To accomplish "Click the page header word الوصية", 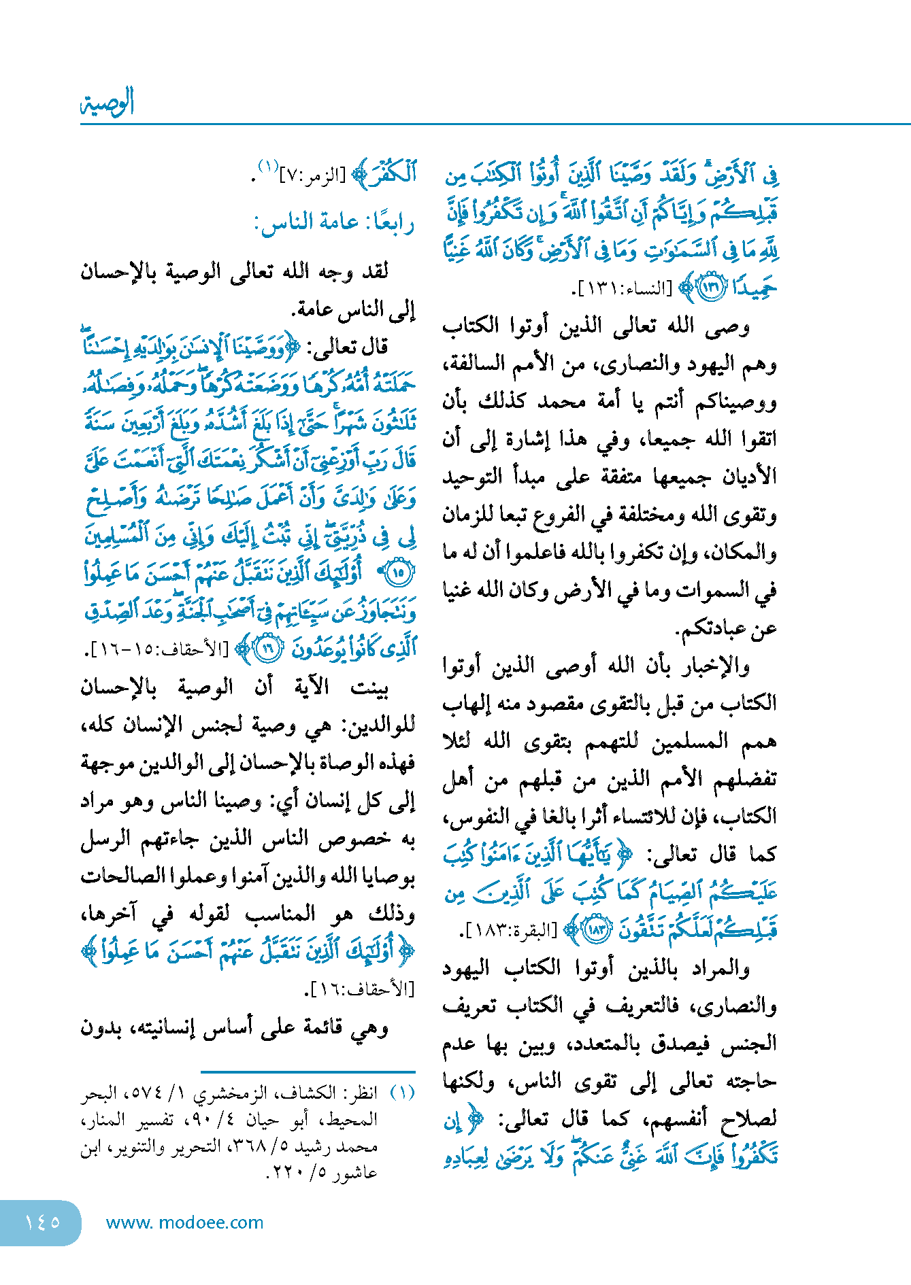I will (107, 103).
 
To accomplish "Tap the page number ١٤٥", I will (42, 1222).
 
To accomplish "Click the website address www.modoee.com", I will (184, 1222).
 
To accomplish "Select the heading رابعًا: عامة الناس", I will (334, 222).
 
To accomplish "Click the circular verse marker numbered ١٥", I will (399, 572).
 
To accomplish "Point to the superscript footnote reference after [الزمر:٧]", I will (267, 167).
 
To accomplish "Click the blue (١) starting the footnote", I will (402, 1093).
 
